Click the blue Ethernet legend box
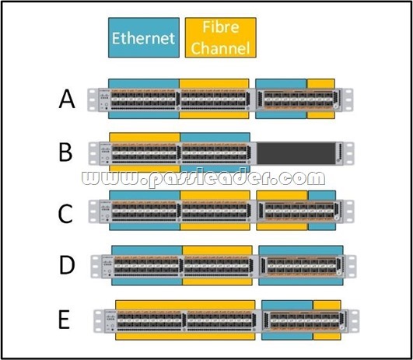144,37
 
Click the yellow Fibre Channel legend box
220,37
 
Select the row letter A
67,99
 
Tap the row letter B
65,152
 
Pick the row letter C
65,214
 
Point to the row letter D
67,265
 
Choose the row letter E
64,320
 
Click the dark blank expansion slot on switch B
296,153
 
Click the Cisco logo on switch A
104,96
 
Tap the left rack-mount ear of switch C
93,211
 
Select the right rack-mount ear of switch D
351,266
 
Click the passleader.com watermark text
203,178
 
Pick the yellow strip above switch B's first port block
145,137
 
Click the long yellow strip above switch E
185,305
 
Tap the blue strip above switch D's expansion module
301,250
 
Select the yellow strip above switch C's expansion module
282,195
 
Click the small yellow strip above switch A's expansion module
321,83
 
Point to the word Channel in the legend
220,48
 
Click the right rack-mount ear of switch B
348,153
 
